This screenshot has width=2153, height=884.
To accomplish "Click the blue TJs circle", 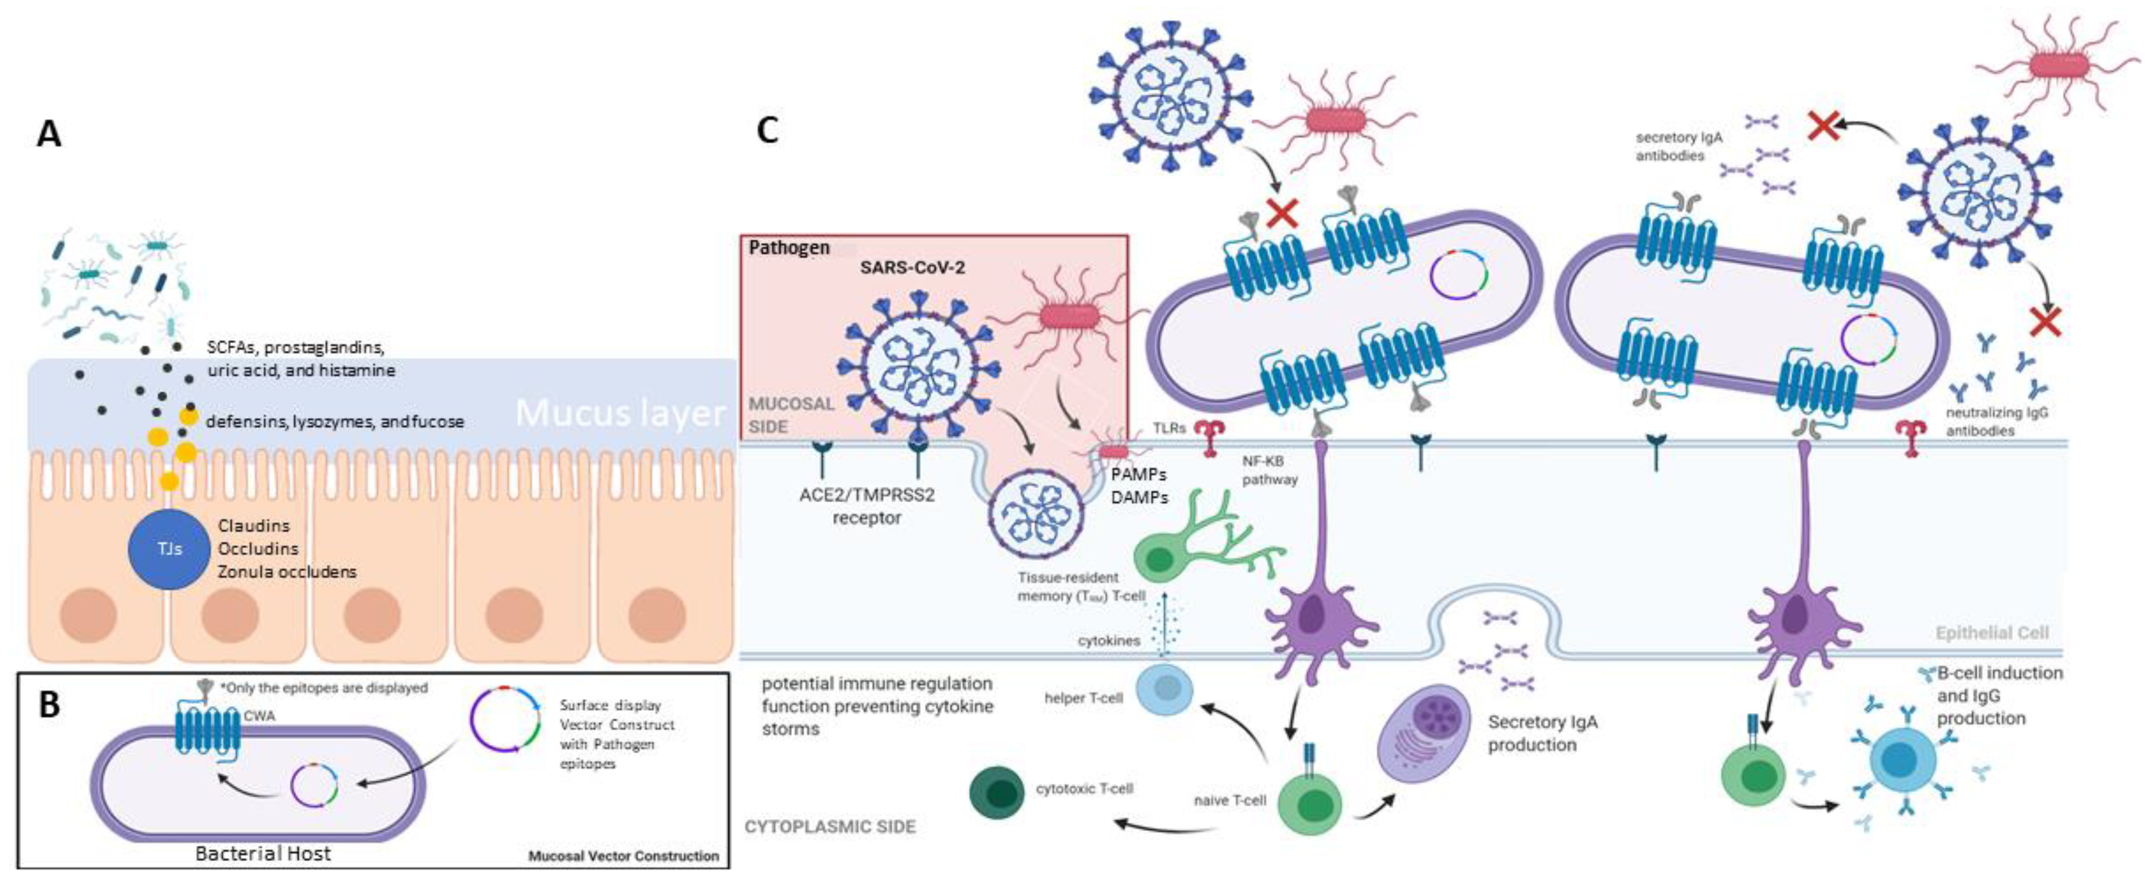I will point(169,549).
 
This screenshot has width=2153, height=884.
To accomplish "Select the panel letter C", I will point(767,131).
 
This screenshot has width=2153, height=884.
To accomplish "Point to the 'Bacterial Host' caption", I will point(262,854).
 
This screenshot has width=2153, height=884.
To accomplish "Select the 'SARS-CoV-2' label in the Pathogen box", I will point(913,268).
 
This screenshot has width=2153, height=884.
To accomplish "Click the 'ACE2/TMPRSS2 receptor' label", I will point(867,506).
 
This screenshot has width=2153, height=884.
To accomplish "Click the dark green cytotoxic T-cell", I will point(997,791).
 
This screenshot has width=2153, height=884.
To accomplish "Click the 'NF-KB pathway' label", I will point(1269,470).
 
